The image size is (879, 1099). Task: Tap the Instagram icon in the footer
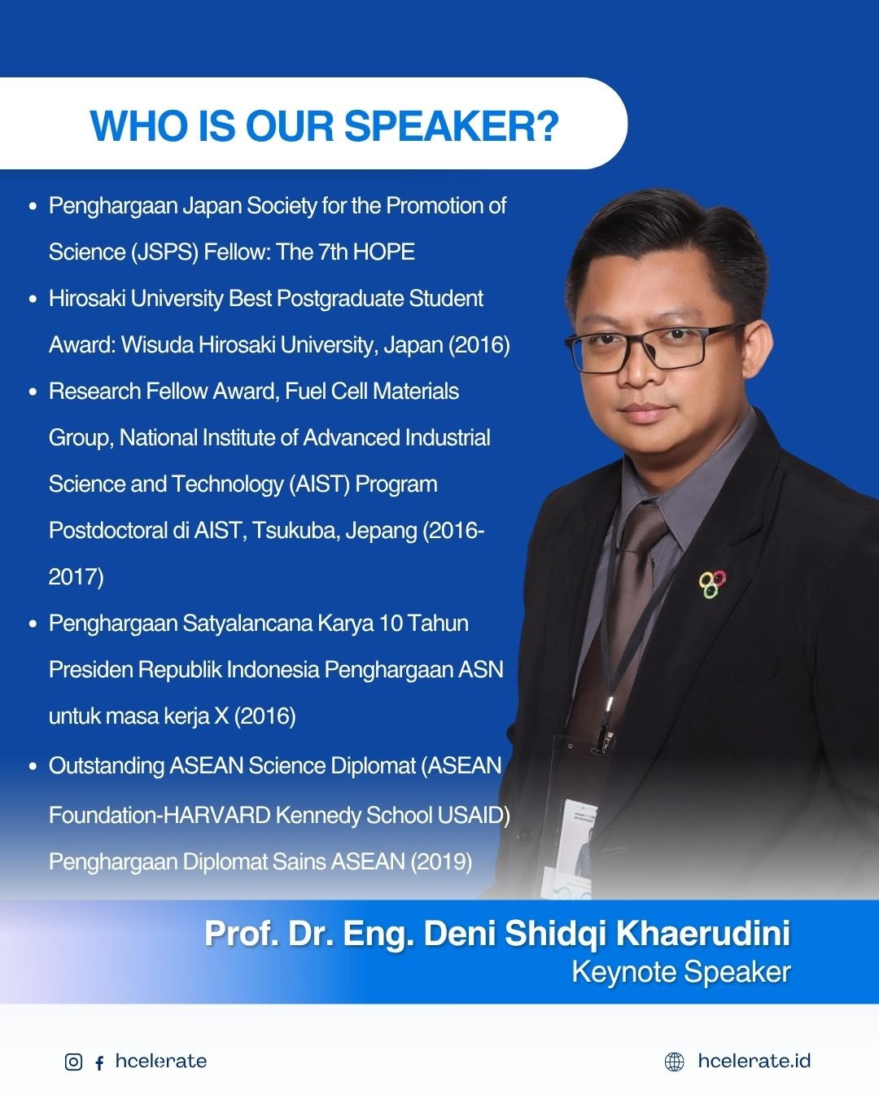click(x=73, y=1062)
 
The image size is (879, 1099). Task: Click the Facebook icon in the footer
click(x=99, y=1062)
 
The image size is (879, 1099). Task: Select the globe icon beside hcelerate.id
click(x=675, y=1062)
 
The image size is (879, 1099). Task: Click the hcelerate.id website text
click(x=754, y=1061)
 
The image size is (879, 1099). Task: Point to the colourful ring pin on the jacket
click(x=711, y=584)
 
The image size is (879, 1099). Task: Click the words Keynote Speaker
click(x=681, y=972)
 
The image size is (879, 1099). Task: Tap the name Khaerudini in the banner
click(x=703, y=933)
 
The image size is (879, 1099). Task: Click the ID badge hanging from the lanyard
click(x=575, y=847)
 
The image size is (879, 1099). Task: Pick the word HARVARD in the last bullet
click(x=216, y=815)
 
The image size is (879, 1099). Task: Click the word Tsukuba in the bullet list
click(x=295, y=531)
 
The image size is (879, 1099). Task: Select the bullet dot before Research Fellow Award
click(x=33, y=392)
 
